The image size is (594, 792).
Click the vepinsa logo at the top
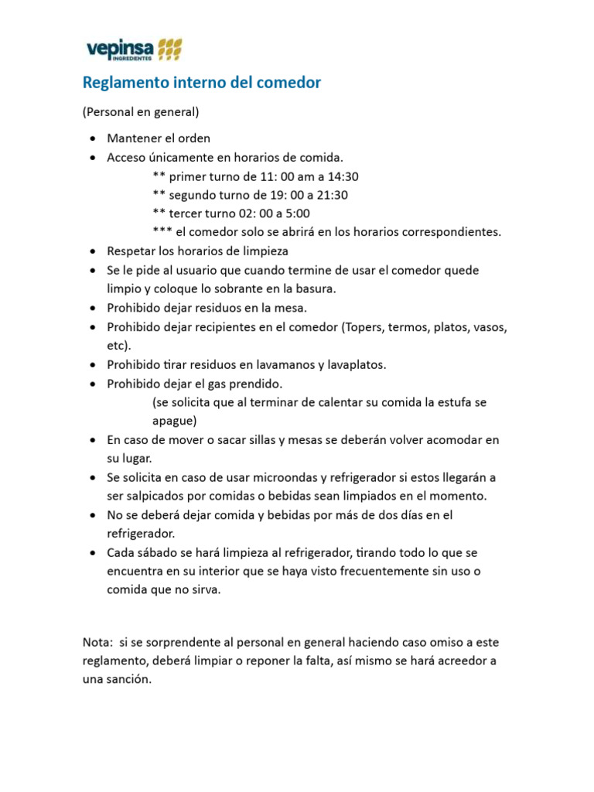click(132, 50)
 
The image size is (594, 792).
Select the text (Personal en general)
click(141, 112)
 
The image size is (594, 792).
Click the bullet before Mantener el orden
click(93, 139)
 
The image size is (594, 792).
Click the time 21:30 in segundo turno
click(343, 195)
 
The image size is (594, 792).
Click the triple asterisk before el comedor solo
click(162, 232)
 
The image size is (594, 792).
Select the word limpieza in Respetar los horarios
click(265, 251)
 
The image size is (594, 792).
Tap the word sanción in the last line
click(131, 679)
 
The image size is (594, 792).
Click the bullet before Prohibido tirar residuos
click(93, 364)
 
